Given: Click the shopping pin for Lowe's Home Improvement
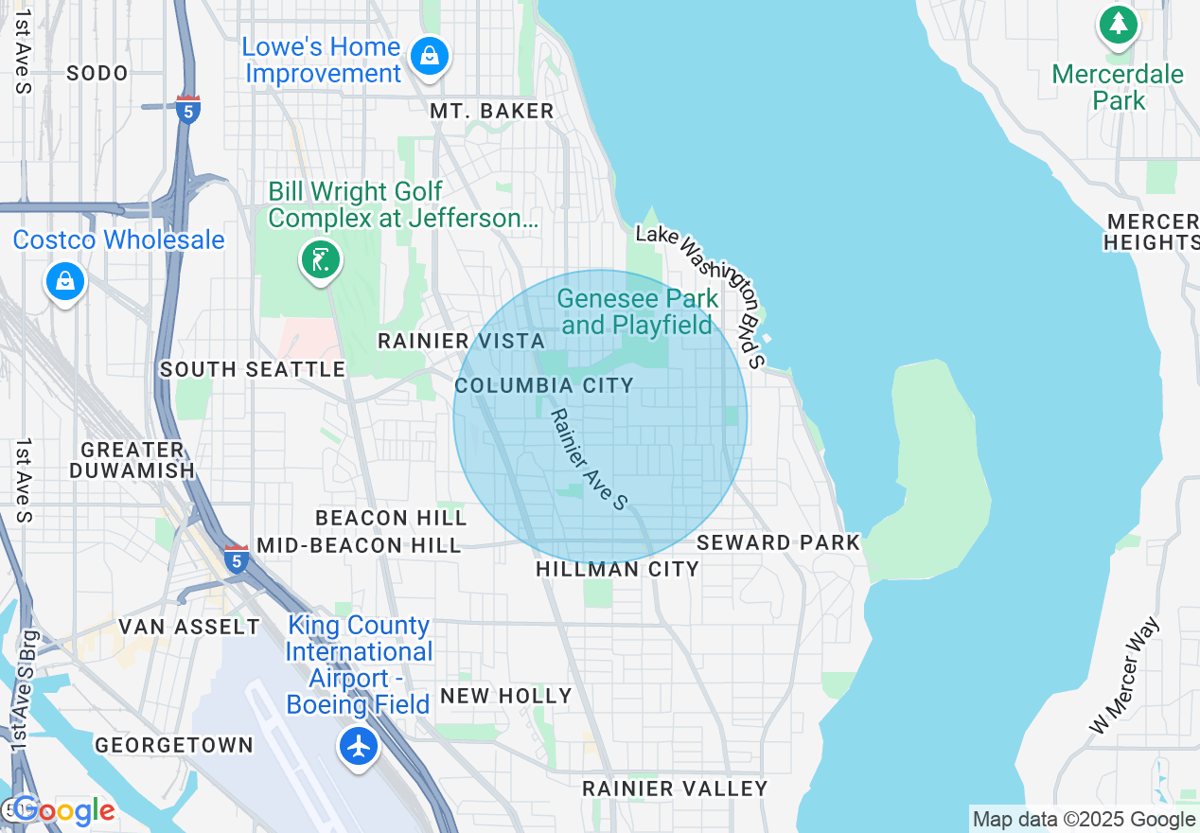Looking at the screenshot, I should (430, 56).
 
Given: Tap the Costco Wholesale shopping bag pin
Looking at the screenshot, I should (64, 281).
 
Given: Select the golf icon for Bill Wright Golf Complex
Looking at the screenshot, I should (321, 258).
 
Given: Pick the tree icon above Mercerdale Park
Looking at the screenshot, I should (1119, 24).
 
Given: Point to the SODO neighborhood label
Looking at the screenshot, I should (97, 73).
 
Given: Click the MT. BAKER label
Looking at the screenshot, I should (491, 112).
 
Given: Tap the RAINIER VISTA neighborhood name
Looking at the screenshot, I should (461, 341).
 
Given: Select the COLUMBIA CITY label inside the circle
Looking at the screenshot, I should (544, 385).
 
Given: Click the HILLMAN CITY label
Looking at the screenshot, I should (617, 569).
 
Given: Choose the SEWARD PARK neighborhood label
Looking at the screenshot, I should (778, 542).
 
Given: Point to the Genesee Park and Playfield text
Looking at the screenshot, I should (638, 311).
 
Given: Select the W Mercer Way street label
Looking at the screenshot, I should (1123, 675).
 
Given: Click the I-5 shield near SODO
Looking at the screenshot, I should (188, 109).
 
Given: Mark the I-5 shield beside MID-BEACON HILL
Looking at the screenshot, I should (237, 558).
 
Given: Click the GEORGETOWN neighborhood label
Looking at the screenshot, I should (174, 745).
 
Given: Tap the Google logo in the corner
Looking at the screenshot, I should (62, 810).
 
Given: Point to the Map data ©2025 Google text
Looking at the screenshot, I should (1084, 820).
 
